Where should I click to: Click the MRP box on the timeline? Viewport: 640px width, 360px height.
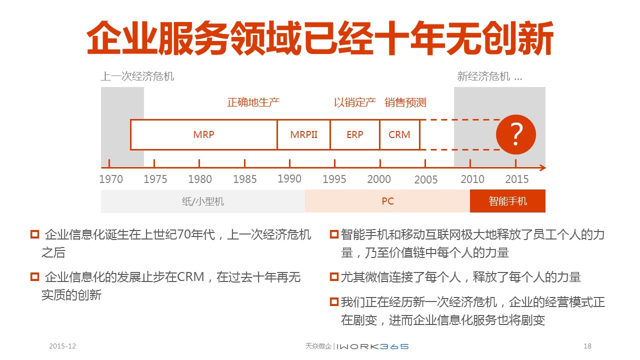point(203,134)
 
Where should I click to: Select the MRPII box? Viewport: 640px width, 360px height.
point(303,134)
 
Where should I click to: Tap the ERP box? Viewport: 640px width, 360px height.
point(355,134)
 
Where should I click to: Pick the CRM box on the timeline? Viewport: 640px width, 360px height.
point(399,134)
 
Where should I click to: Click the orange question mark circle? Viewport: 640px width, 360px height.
point(515,134)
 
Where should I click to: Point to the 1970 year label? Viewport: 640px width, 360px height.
point(111,179)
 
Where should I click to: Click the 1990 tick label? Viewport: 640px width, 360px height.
point(289,178)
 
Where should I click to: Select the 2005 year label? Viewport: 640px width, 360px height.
point(425,179)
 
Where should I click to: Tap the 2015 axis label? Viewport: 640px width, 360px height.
point(517,179)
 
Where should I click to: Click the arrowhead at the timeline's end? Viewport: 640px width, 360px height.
point(543,167)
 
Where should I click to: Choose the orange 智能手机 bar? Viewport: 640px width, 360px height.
point(507,201)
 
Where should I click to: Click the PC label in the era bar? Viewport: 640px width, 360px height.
point(387,201)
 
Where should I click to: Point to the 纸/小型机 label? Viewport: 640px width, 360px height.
point(203,201)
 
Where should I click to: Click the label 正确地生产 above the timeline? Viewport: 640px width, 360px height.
point(253,102)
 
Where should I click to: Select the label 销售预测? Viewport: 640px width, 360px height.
point(405,102)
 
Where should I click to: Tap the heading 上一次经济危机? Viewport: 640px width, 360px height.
point(137,76)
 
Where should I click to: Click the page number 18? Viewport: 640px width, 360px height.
point(587,346)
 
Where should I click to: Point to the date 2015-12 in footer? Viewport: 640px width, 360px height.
point(62,346)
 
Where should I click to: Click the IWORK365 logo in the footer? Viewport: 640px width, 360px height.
point(372,346)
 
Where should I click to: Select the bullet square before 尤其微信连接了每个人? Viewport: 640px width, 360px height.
point(334,277)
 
